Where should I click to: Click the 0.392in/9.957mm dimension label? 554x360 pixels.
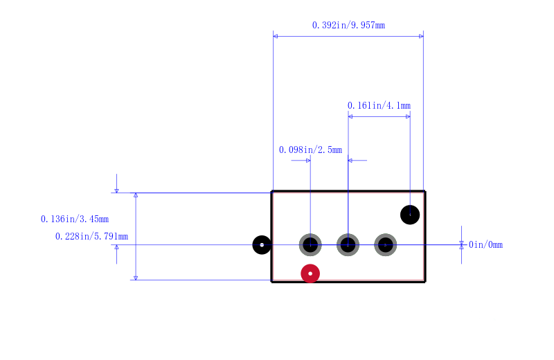pos(348,26)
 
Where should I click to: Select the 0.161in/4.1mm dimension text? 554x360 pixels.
pos(379,106)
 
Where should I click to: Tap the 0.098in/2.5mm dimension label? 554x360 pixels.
pos(310,150)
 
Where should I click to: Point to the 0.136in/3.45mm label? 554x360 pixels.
pos(75,219)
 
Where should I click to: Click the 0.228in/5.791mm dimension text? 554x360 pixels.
pos(91,236)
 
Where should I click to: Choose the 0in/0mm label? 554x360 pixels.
pos(485,245)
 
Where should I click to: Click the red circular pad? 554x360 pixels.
pos(310,273)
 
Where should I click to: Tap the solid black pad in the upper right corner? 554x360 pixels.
pos(410,215)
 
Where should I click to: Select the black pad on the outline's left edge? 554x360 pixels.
pos(262,245)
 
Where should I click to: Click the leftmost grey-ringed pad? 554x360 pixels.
pos(310,245)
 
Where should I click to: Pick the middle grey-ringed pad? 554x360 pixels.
pos(348,245)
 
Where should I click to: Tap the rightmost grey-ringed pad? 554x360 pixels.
pos(386,245)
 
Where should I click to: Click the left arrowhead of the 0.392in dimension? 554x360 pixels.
pos(275,37)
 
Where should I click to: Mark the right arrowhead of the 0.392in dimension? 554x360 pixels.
pos(421,37)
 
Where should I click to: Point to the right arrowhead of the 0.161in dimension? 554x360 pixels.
pos(408,116)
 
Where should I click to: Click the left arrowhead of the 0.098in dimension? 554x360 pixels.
pos(308,161)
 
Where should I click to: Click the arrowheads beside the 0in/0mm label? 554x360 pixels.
pos(461,245)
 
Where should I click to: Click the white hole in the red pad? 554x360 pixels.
pos(310,273)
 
